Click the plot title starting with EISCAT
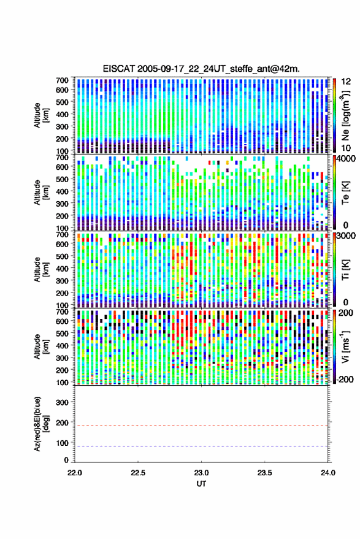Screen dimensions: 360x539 click(201, 69)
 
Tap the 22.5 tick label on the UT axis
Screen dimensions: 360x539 click(138, 473)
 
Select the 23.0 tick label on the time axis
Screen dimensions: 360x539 click(201, 473)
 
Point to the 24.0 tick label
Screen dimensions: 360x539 click(327, 473)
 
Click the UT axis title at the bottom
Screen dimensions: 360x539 click(201, 484)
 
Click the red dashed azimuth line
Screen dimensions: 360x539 click(201, 426)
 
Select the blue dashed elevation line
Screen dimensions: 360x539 click(201, 446)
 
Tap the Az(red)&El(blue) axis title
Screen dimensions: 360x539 click(41, 424)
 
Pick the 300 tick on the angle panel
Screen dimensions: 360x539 click(62, 402)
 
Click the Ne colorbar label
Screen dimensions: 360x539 click(345, 115)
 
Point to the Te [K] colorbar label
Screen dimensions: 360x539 click(345, 193)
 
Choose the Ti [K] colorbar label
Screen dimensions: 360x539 click(345, 270)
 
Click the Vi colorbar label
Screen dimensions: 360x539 click(345, 346)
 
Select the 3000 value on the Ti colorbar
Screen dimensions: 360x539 click(347, 236)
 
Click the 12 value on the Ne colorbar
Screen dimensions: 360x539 click(346, 82)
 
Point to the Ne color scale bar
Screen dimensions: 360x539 click(335, 115)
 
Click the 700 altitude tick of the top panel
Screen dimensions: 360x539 click(62, 80)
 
